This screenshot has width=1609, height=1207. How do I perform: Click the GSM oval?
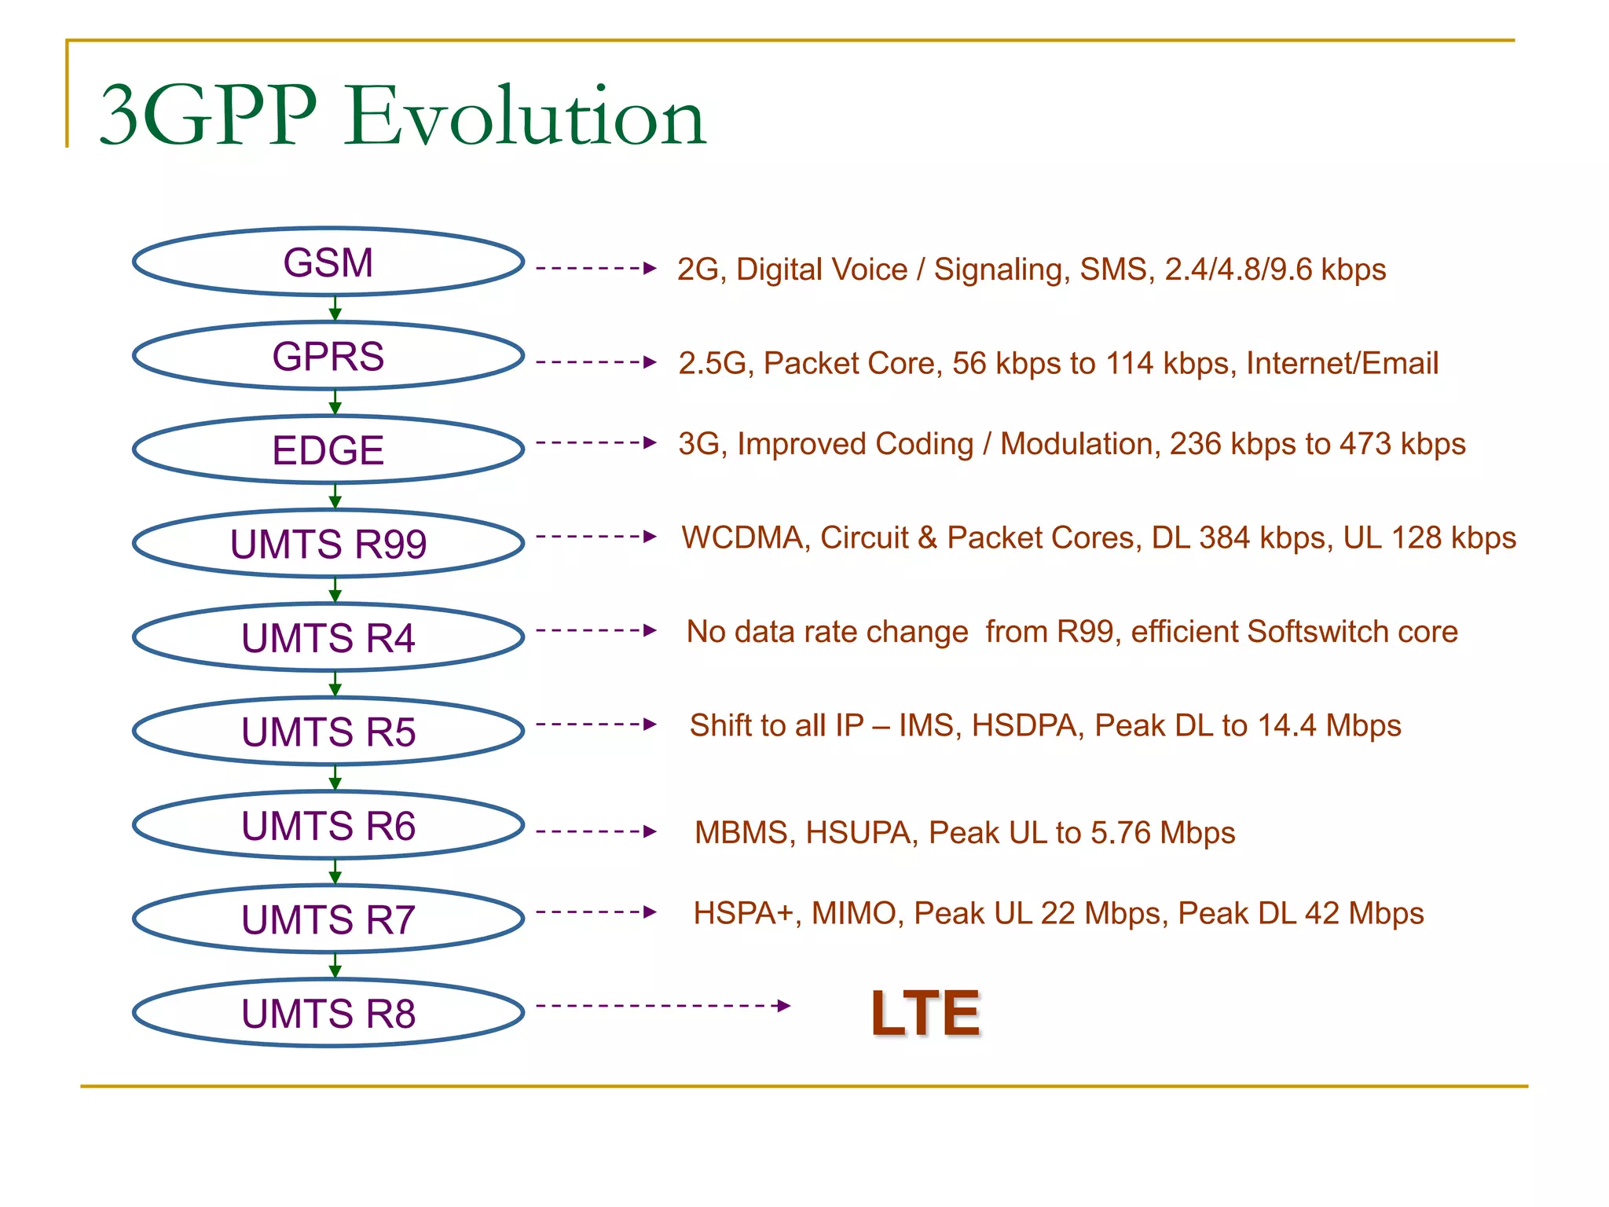point(328,262)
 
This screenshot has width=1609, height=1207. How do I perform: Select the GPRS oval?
point(328,356)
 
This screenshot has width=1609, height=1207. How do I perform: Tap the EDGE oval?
point(328,450)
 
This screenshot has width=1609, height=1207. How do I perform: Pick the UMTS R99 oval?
point(328,544)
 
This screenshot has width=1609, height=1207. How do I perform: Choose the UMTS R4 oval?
point(328,637)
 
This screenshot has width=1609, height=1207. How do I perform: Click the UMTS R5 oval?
point(328,732)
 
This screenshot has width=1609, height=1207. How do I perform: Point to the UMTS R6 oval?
point(328,825)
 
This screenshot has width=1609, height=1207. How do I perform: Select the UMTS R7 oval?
point(328,919)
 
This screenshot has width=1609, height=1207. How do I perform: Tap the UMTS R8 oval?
point(328,1013)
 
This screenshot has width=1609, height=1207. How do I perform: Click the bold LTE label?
point(925,1014)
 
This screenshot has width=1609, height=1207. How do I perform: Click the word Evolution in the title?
point(525,116)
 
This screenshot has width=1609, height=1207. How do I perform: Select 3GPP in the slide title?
point(209,116)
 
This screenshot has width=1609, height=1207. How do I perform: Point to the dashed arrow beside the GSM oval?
point(596,269)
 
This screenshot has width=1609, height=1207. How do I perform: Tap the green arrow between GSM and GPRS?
point(335,308)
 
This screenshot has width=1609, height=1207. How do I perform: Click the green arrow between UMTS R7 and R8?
point(335,965)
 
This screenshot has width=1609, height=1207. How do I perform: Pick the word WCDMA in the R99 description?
point(745,538)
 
